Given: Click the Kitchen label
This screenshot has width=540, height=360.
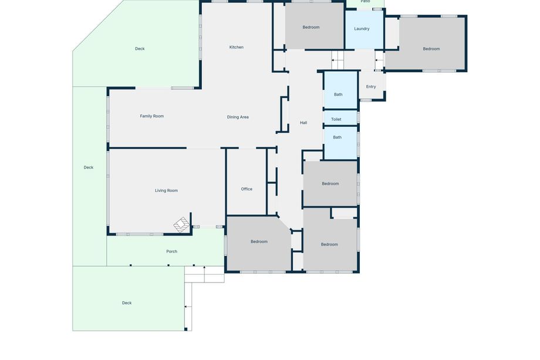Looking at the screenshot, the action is coord(236,47).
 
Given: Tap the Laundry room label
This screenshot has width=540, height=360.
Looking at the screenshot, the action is coord(362,29).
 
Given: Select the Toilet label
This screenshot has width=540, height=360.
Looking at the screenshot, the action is coord(336,120).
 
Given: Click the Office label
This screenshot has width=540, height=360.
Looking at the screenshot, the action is coord(247,189).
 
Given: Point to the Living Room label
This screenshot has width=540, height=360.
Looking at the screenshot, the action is coord(166,190).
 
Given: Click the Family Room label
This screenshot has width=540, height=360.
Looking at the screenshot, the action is coord(152,116).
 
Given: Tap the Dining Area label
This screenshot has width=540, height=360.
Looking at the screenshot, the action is coord(238,117).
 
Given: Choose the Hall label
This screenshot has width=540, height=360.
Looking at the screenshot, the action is coord(303,123).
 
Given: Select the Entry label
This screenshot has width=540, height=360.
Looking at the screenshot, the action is coord(371,87).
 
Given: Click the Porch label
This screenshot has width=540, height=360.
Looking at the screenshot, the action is coord(171,251).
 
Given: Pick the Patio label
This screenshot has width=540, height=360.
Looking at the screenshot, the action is coord(366,1).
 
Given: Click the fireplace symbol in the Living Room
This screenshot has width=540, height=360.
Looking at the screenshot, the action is coord(181,224).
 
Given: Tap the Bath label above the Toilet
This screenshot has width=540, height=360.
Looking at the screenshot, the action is coord(338,95).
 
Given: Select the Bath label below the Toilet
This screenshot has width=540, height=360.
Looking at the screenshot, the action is coord(337,137).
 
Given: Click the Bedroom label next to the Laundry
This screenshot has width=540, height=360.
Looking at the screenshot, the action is coord(311,27).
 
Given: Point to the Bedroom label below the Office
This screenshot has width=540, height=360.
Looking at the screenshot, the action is coord(259,242).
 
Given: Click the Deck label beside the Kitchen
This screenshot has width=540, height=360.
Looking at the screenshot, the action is coord(140,49).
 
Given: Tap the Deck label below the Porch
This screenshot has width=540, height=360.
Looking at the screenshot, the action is coord(127,303).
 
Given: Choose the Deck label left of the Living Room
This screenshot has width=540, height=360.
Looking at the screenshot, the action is coord(89,167).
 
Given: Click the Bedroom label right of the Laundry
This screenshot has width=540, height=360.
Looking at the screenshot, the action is coord(431,49).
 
